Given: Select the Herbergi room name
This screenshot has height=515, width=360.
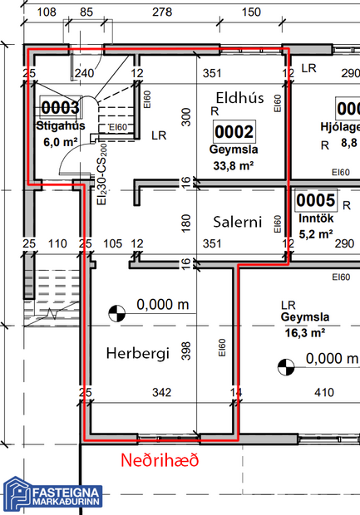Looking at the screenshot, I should [138, 354].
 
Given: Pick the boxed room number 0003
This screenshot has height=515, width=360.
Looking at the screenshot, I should [61, 107].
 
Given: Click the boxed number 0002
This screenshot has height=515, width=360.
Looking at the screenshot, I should [234, 132].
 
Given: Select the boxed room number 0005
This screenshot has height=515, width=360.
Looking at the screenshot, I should [316, 201].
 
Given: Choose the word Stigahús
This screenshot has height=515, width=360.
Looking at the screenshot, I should [59, 126].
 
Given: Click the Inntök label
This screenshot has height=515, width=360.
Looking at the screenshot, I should [316, 219].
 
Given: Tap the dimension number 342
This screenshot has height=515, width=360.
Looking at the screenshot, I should [160, 391].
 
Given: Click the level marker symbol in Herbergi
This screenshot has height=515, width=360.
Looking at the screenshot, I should [118, 313].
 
